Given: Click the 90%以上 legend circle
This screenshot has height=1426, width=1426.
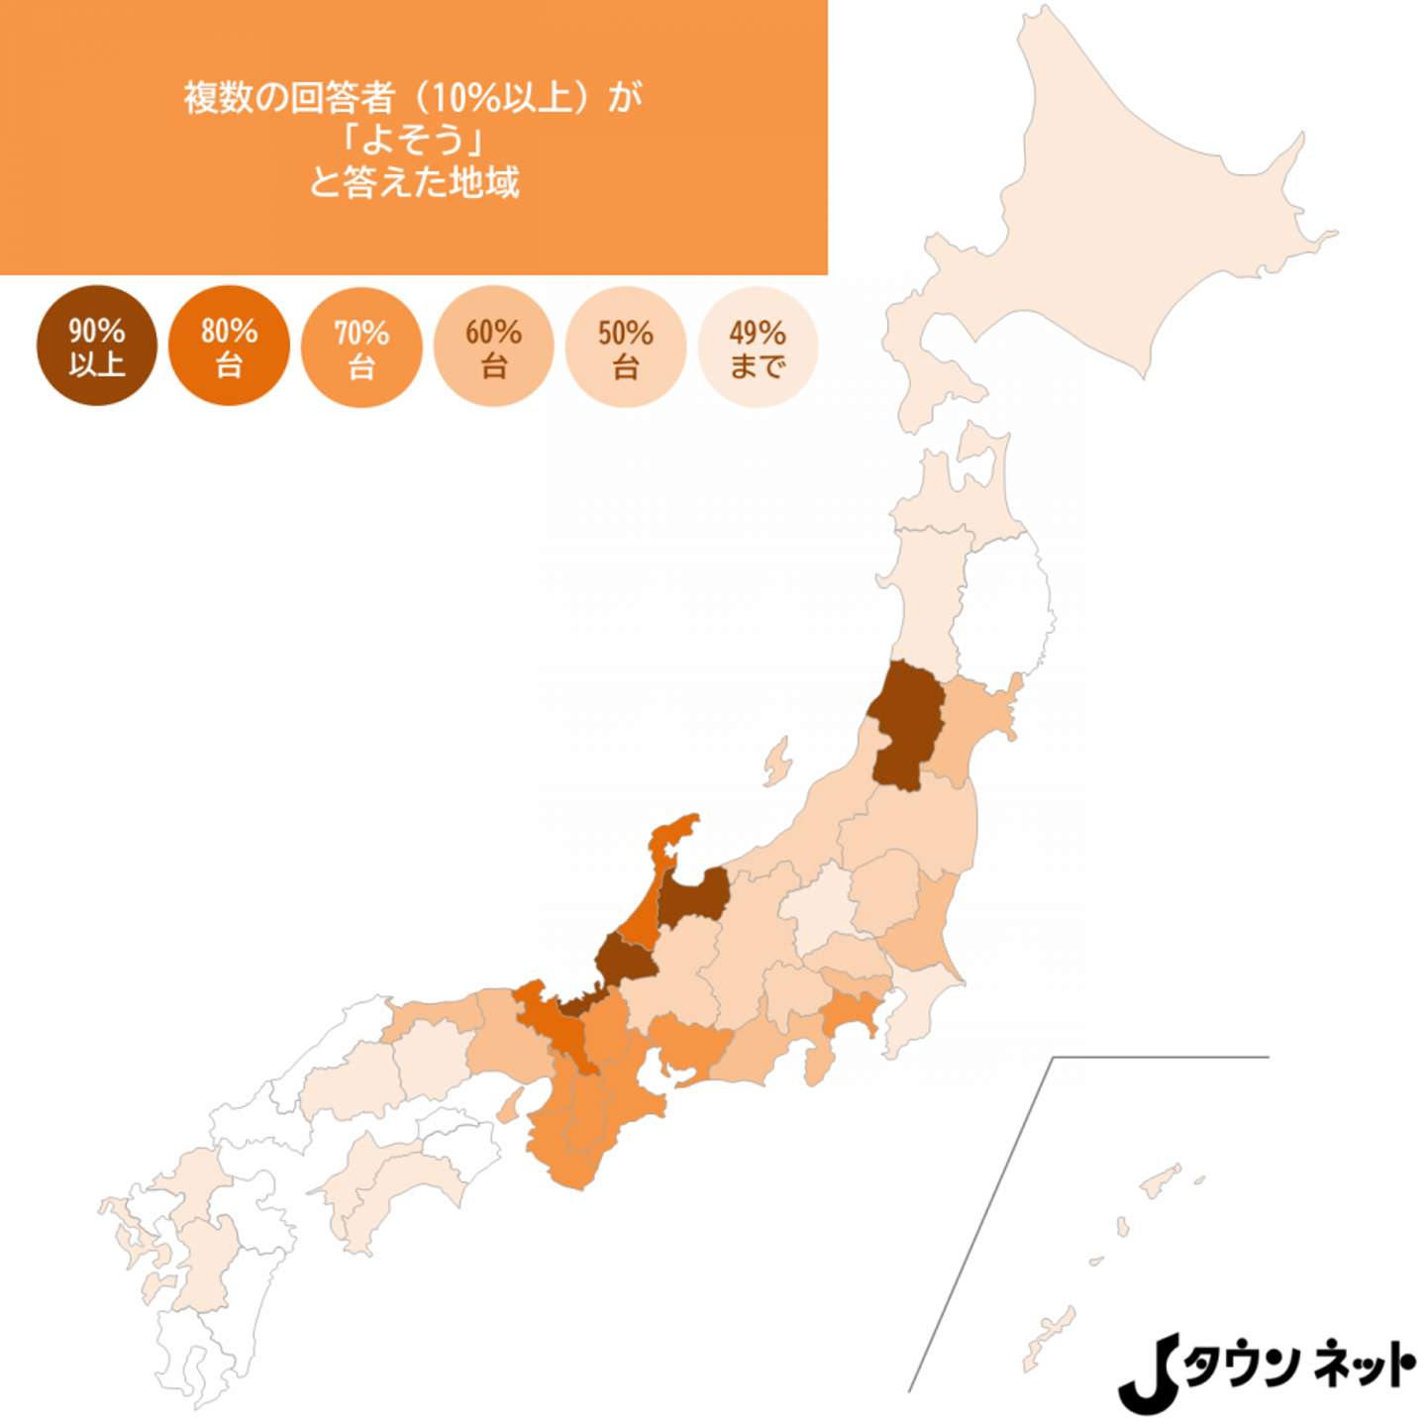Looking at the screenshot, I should click(x=96, y=346).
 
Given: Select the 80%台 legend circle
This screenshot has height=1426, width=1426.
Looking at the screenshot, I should click(x=229, y=346).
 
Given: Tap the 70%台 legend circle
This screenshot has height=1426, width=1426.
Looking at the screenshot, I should click(x=361, y=347).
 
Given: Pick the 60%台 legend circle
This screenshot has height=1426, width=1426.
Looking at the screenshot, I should click(x=493, y=347).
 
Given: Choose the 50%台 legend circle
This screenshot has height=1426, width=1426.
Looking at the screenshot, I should click(x=625, y=347).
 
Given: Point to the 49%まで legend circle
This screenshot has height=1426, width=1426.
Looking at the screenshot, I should click(x=758, y=347).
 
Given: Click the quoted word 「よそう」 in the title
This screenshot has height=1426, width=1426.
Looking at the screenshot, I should click(x=414, y=139).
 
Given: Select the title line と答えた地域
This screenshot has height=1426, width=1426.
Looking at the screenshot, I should click(x=414, y=182).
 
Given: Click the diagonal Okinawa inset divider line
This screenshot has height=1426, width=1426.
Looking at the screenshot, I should click(x=980, y=1223).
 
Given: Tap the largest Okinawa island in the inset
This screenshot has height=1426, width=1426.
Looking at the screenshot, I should click(x=1050, y=1332).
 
